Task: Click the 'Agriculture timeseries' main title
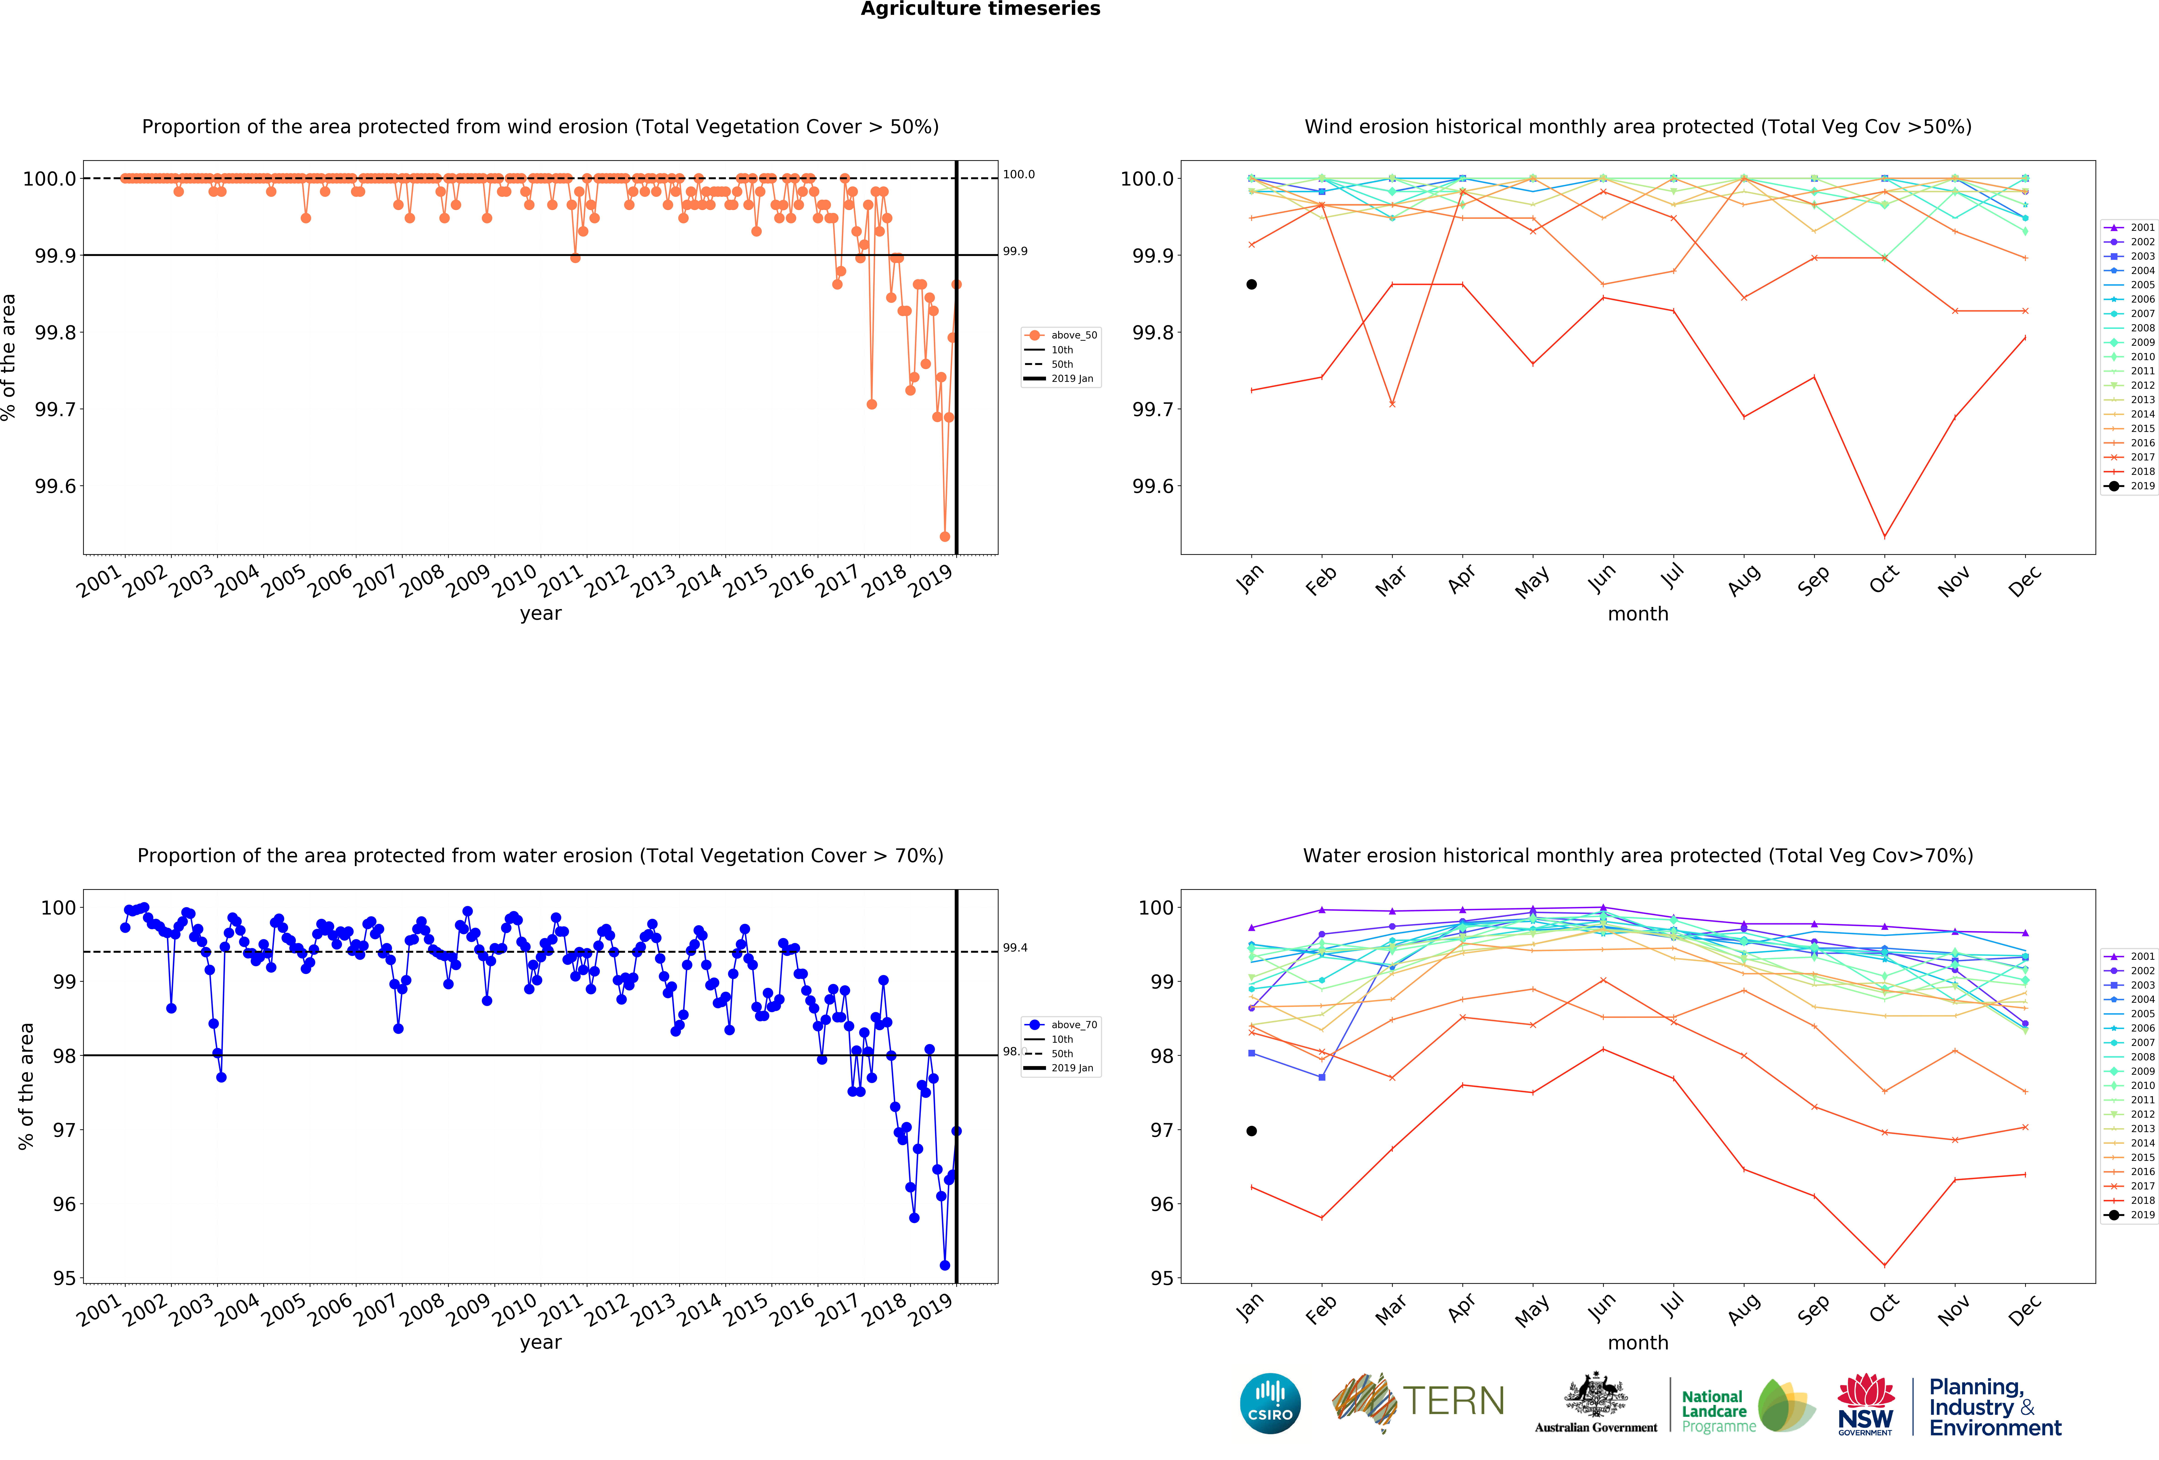pos(980,9)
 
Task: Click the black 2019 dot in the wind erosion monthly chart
pos(1251,284)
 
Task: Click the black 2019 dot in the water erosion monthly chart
pos(1251,1131)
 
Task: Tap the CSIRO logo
pos(1270,1403)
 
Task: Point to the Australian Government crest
pos(1595,1394)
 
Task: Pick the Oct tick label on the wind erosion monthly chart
pos(1883,580)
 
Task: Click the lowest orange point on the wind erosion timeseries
pos(945,536)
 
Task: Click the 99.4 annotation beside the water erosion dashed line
pos(1015,948)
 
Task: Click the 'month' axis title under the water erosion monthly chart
pos(1638,1343)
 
